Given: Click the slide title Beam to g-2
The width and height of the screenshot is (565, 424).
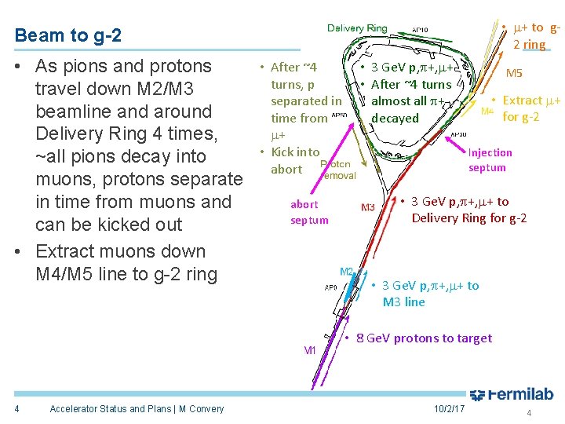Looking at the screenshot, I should (x=67, y=35).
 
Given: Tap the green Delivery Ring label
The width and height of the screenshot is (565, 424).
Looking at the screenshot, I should (x=357, y=28).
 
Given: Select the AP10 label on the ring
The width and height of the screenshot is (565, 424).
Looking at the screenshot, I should (x=421, y=30).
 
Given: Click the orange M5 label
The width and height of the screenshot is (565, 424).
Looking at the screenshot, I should (x=515, y=73).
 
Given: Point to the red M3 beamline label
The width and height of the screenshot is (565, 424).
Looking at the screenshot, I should (x=368, y=208).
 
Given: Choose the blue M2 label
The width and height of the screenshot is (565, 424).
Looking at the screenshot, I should (x=347, y=272).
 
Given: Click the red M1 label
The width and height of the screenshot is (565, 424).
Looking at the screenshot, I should (x=310, y=351).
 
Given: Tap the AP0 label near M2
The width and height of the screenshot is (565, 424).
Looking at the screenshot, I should (x=332, y=287).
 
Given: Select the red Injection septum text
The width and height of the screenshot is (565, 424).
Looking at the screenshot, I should (x=490, y=160).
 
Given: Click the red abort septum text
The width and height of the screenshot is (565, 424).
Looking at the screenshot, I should (x=309, y=212).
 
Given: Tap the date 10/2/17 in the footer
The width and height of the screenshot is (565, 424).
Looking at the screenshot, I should (x=449, y=409).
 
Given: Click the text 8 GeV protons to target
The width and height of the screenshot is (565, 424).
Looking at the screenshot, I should (x=424, y=338).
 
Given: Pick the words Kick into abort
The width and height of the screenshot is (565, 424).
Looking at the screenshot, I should (x=291, y=160).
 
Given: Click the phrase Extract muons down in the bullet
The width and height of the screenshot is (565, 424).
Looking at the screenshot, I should (x=121, y=252).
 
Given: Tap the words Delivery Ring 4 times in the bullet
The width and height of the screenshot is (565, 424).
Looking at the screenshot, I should (x=124, y=133).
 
